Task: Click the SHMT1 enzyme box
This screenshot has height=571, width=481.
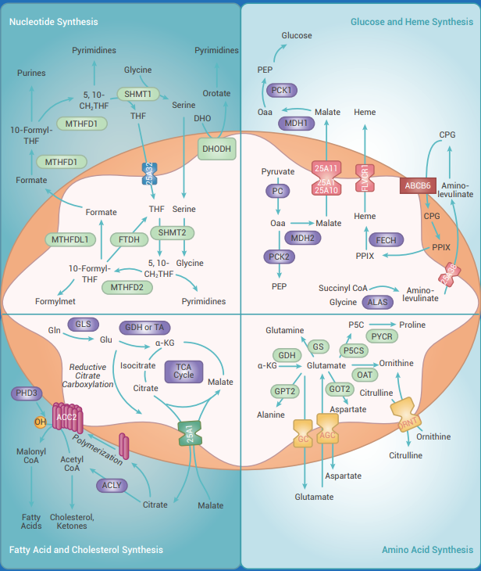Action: click(x=137, y=94)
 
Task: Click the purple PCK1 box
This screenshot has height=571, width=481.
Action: click(x=280, y=91)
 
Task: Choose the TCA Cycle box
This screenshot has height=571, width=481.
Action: click(x=184, y=372)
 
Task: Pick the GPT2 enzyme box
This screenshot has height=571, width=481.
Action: click(x=285, y=391)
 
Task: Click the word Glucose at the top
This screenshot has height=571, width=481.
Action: click(x=297, y=35)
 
